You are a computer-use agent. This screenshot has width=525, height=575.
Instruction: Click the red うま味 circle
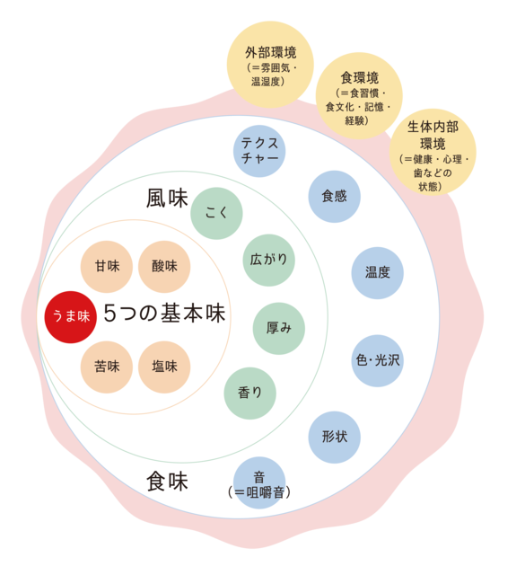click(x=70, y=317)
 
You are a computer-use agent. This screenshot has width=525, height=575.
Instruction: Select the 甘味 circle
click(x=107, y=267)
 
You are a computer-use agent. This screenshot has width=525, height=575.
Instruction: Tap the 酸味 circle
click(x=164, y=267)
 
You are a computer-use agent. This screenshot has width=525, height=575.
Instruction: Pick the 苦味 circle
click(x=107, y=367)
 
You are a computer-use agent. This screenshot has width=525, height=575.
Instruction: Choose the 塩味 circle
click(x=164, y=367)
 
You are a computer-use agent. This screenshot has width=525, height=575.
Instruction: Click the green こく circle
click(x=216, y=214)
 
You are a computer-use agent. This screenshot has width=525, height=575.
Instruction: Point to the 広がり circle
click(x=269, y=260)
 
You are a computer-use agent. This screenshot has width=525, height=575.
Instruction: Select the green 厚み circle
click(x=279, y=328)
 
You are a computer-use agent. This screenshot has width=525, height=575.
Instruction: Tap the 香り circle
click(x=249, y=394)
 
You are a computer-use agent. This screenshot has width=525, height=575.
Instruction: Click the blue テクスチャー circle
click(x=259, y=151)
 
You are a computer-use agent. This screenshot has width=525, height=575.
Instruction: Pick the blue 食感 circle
click(x=335, y=196)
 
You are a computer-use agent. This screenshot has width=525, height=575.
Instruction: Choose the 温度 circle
click(x=377, y=273)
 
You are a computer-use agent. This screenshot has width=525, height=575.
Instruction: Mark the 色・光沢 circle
click(x=377, y=360)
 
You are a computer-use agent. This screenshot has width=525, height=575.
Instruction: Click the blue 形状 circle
click(x=335, y=438)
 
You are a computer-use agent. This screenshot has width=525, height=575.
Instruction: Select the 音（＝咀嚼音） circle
click(x=259, y=482)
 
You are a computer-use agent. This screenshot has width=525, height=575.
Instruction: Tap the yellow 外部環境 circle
click(x=270, y=65)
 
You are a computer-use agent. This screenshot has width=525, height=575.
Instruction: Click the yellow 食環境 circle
click(x=359, y=96)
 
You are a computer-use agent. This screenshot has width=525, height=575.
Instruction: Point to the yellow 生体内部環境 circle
click(x=433, y=152)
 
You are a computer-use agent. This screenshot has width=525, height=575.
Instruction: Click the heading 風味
click(x=167, y=199)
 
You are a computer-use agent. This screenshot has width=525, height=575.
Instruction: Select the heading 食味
click(x=167, y=482)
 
